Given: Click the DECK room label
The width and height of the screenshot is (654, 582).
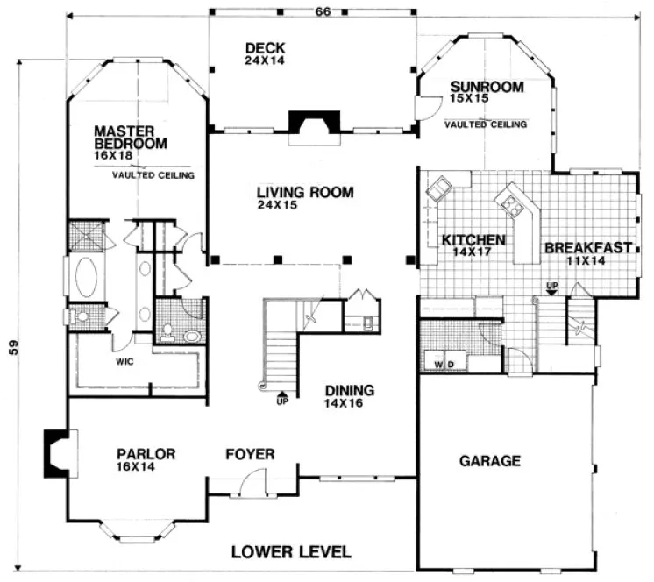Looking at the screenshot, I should tap(267, 47).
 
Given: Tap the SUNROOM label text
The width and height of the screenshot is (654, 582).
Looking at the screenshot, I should tap(487, 87).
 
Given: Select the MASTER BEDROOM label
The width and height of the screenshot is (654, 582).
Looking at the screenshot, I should tap(131, 138).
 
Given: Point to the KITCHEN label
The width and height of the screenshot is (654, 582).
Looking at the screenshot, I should tap(473, 239).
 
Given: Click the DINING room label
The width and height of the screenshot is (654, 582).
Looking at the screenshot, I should tap(349, 391).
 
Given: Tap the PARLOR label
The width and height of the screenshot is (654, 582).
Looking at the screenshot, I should tap(146, 454).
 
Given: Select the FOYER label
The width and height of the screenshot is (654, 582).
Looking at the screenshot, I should tap(250, 454).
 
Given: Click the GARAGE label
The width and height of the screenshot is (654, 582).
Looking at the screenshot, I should tap(490, 460).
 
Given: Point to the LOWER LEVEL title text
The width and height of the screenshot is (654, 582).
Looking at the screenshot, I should tap(291, 552).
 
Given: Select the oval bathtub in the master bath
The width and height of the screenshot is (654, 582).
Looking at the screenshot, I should tap(87, 279).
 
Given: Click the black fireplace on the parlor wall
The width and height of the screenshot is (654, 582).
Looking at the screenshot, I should tap(55, 452).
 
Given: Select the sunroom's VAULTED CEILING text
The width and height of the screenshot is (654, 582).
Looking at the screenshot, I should tap(486, 124).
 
